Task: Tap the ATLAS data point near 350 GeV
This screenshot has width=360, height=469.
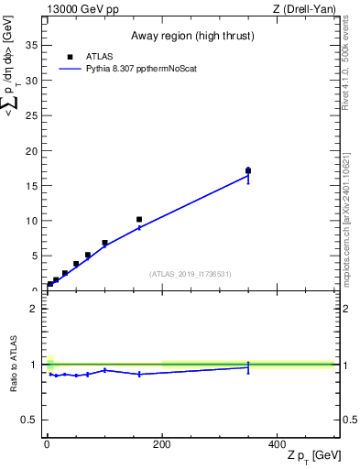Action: click(248, 170)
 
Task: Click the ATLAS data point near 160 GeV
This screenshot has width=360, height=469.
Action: click(139, 220)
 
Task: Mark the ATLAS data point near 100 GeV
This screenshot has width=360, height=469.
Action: click(104, 243)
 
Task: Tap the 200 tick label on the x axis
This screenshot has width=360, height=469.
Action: click(162, 442)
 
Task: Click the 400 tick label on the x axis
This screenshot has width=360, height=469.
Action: click(277, 442)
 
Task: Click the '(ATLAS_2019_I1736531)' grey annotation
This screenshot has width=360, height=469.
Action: click(191, 273)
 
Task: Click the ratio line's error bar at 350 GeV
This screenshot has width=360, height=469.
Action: click(248, 367)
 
